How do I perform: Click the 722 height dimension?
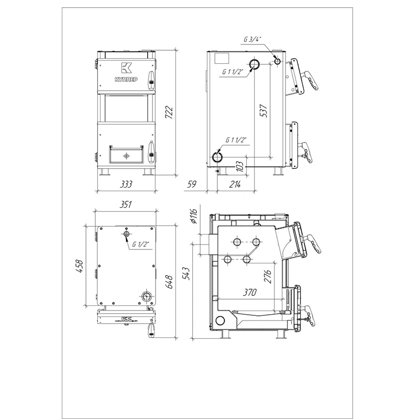169,113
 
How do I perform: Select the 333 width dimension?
126,184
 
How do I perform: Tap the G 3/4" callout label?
252,39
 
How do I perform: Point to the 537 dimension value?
263,111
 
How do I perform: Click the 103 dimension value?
240,167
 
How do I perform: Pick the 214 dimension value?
235,184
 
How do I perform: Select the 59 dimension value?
192,184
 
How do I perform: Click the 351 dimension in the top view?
125,205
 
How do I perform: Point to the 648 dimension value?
169,282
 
